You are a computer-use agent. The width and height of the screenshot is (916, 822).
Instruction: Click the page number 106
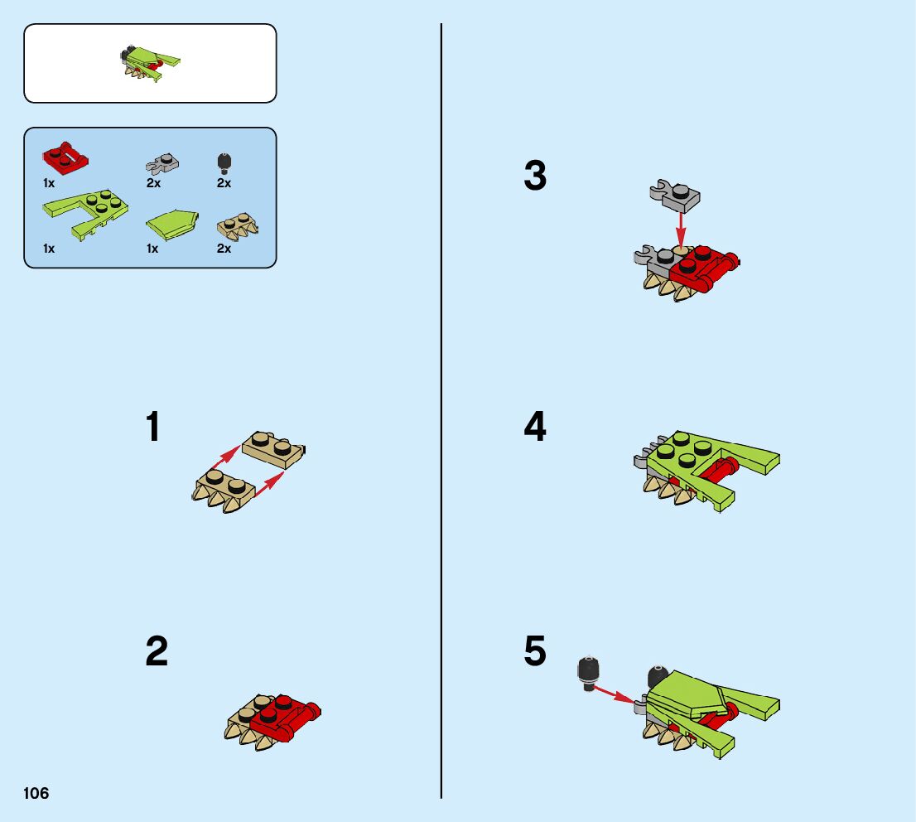click(x=36, y=793)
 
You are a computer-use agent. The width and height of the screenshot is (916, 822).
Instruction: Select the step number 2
click(x=157, y=651)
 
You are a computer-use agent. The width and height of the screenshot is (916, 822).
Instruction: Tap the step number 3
click(x=535, y=176)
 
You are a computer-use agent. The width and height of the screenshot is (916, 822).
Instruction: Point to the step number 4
click(x=535, y=426)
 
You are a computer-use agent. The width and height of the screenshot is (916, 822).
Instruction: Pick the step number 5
click(x=535, y=651)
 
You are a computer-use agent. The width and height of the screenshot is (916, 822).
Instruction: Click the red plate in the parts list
click(x=65, y=157)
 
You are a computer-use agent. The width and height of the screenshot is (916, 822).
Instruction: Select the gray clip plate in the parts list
click(x=162, y=164)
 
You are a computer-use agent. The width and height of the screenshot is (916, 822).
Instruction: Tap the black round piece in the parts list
click(x=224, y=164)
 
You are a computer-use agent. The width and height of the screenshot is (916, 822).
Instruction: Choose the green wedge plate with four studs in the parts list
click(x=85, y=214)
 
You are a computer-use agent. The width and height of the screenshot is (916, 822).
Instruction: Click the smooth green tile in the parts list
click(x=172, y=225)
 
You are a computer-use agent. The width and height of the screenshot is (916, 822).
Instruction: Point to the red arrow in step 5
click(x=615, y=694)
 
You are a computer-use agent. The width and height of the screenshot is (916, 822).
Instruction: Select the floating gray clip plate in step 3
click(x=675, y=196)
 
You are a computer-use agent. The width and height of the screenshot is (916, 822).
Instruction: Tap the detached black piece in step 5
click(x=589, y=674)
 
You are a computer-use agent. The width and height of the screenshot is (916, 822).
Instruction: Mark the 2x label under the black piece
click(x=224, y=183)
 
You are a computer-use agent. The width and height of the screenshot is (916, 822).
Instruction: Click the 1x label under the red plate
click(x=49, y=183)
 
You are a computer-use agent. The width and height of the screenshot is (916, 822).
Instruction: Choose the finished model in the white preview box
click(x=151, y=63)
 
